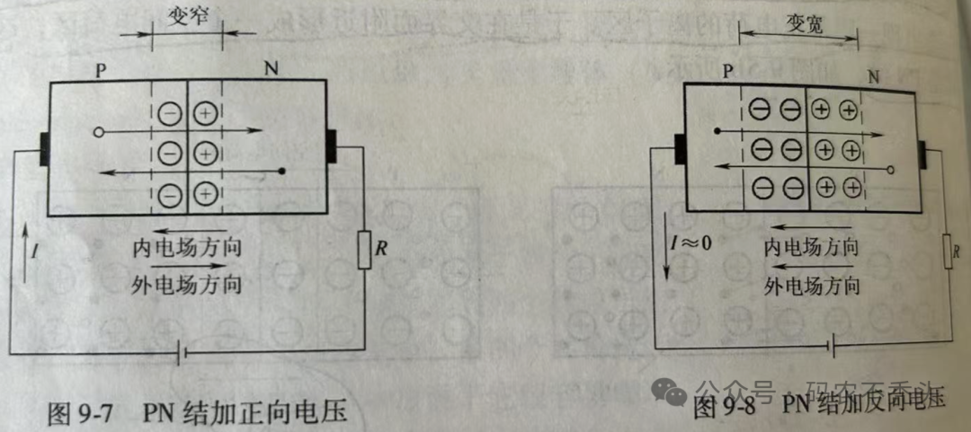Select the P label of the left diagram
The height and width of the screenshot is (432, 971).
pyautogui.click(x=102, y=70)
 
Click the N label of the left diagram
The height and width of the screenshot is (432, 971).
pyautogui.click(x=271, y=68)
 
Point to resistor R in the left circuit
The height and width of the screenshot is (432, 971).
pyautogui.click(x=364, y=251)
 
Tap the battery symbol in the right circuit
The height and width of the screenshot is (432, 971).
pyautogui.click(x=837, y=344)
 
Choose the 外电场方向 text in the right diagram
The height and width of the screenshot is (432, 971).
pyautogui.click(x=812, y=286)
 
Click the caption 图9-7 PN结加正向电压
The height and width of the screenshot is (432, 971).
pyautogui.click(x=196, y=413)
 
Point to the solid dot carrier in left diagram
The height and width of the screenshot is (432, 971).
pyautogui.click(x=282, y=170)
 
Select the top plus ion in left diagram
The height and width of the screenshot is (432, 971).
pyautogui.click(x=206, y=114)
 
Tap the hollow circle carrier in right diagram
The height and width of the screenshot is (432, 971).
pyautogui.click(x=890, y=168)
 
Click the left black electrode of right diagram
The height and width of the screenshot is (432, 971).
pyautogui.click(x=680, y=149)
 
